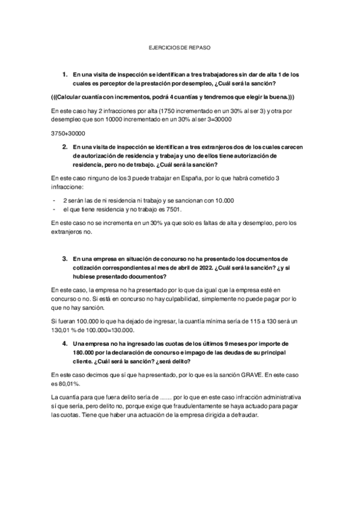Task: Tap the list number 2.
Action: [x=64, y=146]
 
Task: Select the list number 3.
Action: [x=64, y=241]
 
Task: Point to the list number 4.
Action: [x=64, y=342]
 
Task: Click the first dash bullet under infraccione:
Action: [x=54, y=200]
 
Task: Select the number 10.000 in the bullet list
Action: [x=224, y=200]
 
